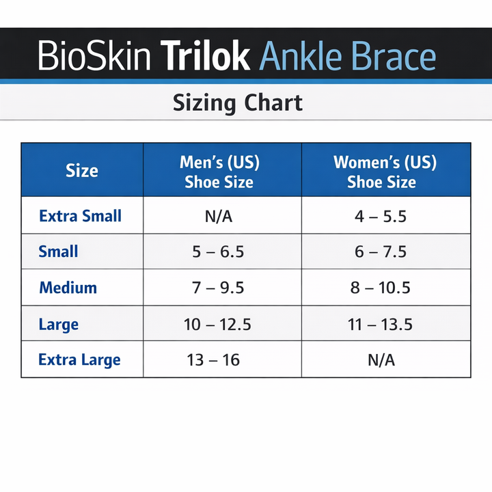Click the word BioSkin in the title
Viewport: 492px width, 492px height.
[x=94, y=56]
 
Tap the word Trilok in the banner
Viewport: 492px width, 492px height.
[x=205, y=56]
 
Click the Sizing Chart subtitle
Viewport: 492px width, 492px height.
[x=237, y=103]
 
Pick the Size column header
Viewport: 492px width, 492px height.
[x=82, y=171]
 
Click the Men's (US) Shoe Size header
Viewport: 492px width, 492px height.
[x=219, y=172]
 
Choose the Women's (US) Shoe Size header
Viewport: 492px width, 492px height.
[x=385, y=172]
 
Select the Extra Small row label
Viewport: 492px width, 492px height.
[x=80, y=216]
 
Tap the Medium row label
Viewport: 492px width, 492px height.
[x=68, y=288]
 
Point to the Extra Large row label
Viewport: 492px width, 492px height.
[x=79, y=360]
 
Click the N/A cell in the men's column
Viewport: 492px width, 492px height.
[x=219, y=217]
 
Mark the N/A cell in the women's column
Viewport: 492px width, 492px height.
[x=381, y=360]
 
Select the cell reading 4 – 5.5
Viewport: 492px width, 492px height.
[x=381, y=217]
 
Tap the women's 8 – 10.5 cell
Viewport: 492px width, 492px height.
[x=381, y=288]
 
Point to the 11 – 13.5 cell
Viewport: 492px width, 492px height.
[x=381, y=324]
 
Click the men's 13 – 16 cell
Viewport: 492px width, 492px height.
[x=213, y=360]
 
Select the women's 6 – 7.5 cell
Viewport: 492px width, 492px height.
[x=381, y=252]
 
